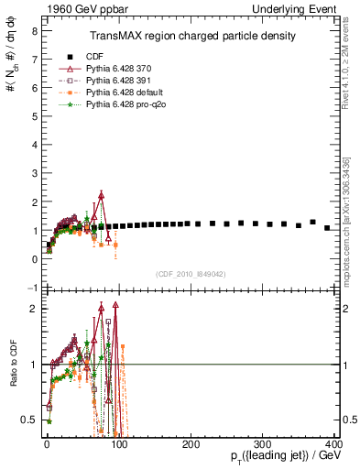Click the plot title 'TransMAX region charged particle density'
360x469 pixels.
point(192,37)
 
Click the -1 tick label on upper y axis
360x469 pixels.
point(30,288)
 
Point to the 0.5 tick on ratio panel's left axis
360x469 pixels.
point(30,420)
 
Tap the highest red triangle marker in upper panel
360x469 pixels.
point(102,193)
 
